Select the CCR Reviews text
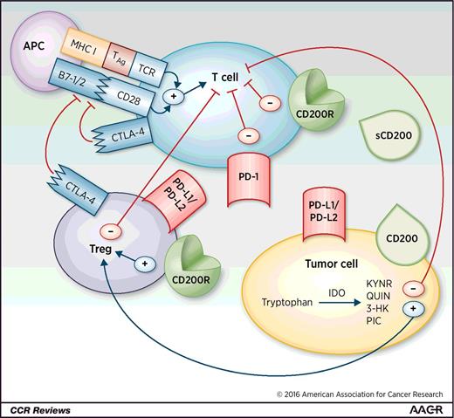click(x=36, y=409)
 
